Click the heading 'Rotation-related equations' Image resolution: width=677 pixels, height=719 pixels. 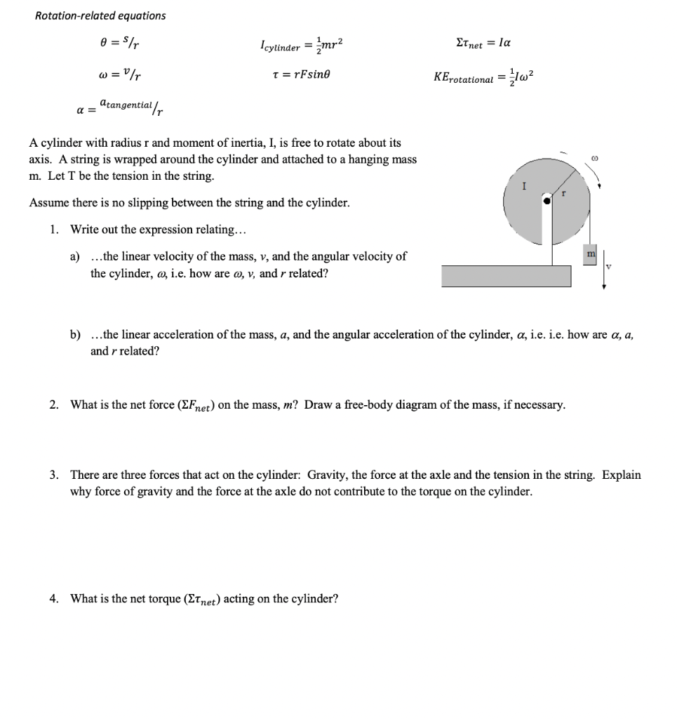[x=100, y=15]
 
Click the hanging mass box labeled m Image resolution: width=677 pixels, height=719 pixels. [x=590, y=252]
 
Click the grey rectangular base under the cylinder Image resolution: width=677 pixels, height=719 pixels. [x=506, y=276]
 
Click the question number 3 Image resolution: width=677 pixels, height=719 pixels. [x=54, y=475]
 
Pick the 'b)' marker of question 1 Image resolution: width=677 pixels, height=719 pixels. [x=75, y=334]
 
